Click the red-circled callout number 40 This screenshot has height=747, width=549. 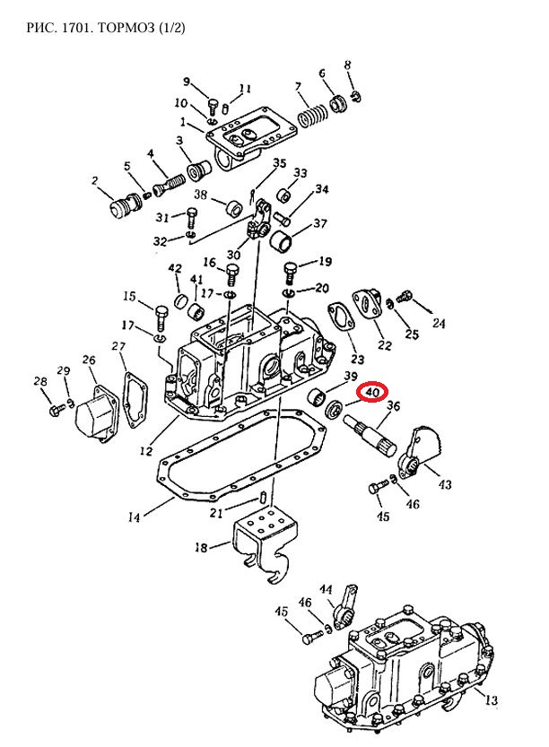coord(372,392)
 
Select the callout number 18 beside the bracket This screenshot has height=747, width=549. coord(201,547)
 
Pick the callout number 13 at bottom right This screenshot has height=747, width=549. coord(491,699)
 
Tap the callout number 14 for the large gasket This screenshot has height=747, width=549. coord(134,517)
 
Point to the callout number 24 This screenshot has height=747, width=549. coord(439,324)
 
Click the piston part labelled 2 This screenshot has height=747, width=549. coord(125,208)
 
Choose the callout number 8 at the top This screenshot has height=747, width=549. coord(347,65)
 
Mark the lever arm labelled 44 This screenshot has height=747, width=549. coord(344,607)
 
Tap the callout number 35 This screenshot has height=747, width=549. coord(279,164)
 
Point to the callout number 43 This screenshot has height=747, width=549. coord(445,484)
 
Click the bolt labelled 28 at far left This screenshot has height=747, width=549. coord(57,409)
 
